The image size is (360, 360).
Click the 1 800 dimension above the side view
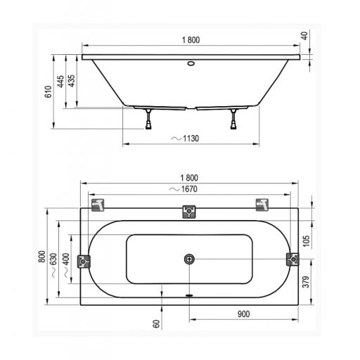pos(191,40)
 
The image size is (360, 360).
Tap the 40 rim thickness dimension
pos(304,36)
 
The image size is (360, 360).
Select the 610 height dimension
pos(49,91)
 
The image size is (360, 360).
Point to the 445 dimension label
pos(60,82)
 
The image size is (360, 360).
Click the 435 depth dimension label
pos(72,81)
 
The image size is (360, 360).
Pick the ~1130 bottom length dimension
pos(185,139)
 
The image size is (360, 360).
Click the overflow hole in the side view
pos(191,63)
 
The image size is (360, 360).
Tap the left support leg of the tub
pos(148,119)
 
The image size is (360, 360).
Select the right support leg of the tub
pos(233,119)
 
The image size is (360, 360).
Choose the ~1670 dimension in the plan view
pos(184,189)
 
